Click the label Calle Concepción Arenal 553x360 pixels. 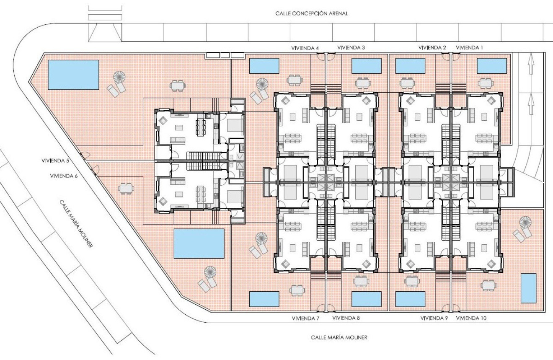[x=312, y=13]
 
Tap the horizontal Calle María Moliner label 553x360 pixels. [x=339, y=337]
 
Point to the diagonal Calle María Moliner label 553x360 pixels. [x=76, y=224]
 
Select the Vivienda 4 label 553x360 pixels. [x=305, y=48]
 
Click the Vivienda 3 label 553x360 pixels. [x=351, y=48]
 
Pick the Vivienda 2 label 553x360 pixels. [x=432, y=48]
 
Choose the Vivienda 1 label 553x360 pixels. [x=469, y=48]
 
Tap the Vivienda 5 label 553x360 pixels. [x=55, y=161]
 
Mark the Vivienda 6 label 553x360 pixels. [x=64, y=176]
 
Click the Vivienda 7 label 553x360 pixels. [x=305, y=319]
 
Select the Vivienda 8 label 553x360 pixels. [x=346, y=318]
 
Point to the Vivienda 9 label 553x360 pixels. [x=434, y=319]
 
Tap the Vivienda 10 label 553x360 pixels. [x=471, y=318]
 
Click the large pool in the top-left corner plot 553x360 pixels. [x=73, y=75]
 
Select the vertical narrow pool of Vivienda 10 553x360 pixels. [x=529, y=288]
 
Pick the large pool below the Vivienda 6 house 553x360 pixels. [x=199, y=243]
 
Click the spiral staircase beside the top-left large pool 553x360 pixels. [x=119, y=77]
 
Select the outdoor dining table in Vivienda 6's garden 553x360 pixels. [x=126, y=189]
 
